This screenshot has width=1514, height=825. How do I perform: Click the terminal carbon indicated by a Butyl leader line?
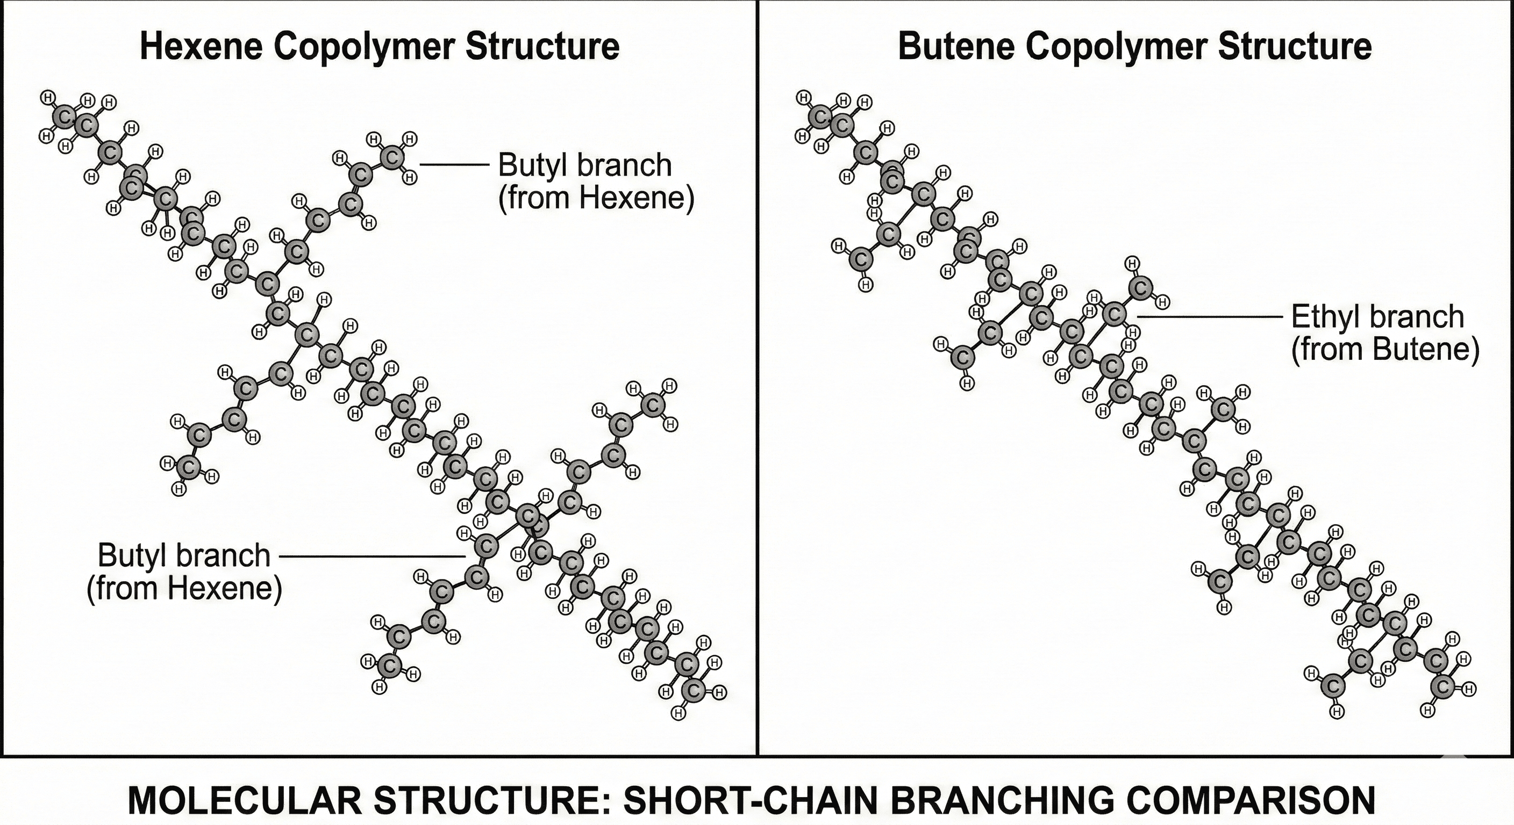392,157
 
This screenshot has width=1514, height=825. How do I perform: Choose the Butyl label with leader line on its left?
585,165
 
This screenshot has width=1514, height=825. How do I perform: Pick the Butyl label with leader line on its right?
184,556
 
